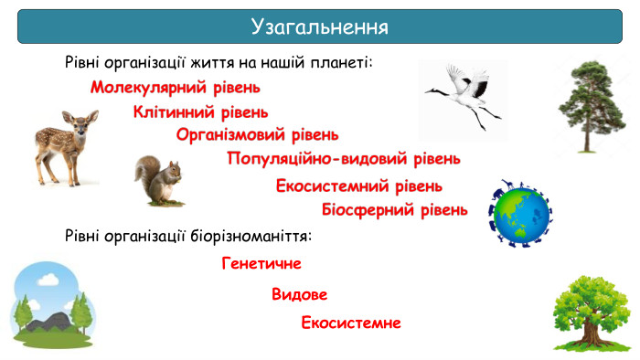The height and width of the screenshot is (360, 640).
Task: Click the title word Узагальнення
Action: point(319,26)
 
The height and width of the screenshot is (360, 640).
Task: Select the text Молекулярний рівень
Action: point(176,89)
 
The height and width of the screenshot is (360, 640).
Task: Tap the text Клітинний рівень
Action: point(200,112)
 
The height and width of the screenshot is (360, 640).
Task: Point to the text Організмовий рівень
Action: point(257,135)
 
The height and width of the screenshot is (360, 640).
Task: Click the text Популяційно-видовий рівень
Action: point(344,159)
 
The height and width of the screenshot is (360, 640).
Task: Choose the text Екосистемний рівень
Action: point(359,186)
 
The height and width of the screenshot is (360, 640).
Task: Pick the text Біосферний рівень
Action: point(395,210)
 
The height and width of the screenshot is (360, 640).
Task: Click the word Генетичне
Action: point(261,264)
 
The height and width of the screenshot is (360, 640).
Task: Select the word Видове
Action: point(299,295)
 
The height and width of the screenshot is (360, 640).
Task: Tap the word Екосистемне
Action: point(351,323)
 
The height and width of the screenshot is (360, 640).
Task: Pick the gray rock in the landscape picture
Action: point(48,323)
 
